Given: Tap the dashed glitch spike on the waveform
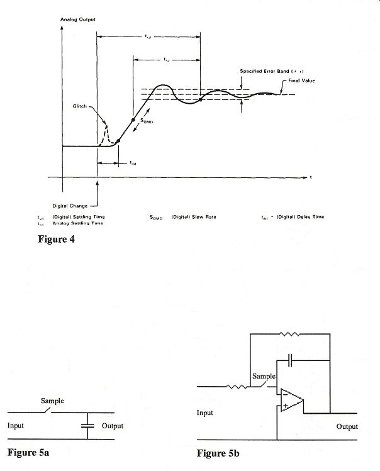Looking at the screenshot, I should (x=105, y=133).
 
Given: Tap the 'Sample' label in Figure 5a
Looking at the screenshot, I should (x=52, y=401).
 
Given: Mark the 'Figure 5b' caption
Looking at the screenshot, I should (x=217, y=453).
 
